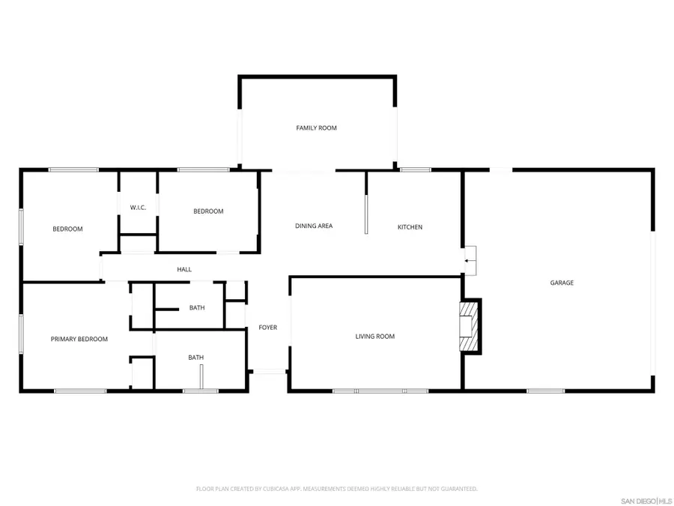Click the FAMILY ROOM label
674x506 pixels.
(316, 128)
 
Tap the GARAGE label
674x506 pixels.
(562, 283)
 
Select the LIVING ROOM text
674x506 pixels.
(374, 337)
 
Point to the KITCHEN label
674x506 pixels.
(410, 226)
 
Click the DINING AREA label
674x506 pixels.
(313, 226)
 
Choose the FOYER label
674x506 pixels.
(267, 328)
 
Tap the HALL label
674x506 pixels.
(184, 269)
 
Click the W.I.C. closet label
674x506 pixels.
(138, 208)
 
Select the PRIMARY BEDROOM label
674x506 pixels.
(79, 339)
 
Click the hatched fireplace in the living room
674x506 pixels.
(468, 326)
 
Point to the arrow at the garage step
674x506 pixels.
(470, 261)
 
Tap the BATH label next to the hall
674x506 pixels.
(196, 307)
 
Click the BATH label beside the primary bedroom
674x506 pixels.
(195, 358)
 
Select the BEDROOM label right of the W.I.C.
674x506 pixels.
(208, 211)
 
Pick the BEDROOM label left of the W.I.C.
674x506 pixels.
(67, 229)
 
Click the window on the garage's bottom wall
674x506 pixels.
(545, 391)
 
